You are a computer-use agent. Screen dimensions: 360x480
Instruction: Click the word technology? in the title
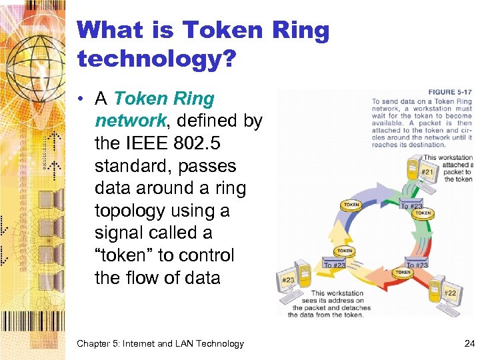[x=157, y=59]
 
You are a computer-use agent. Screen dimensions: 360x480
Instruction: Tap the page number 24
[x=469, y=344]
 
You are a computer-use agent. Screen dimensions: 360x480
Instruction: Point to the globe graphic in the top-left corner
[x=30, y=33]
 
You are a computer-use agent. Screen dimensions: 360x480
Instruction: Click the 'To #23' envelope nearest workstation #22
[x=417, y=265]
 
